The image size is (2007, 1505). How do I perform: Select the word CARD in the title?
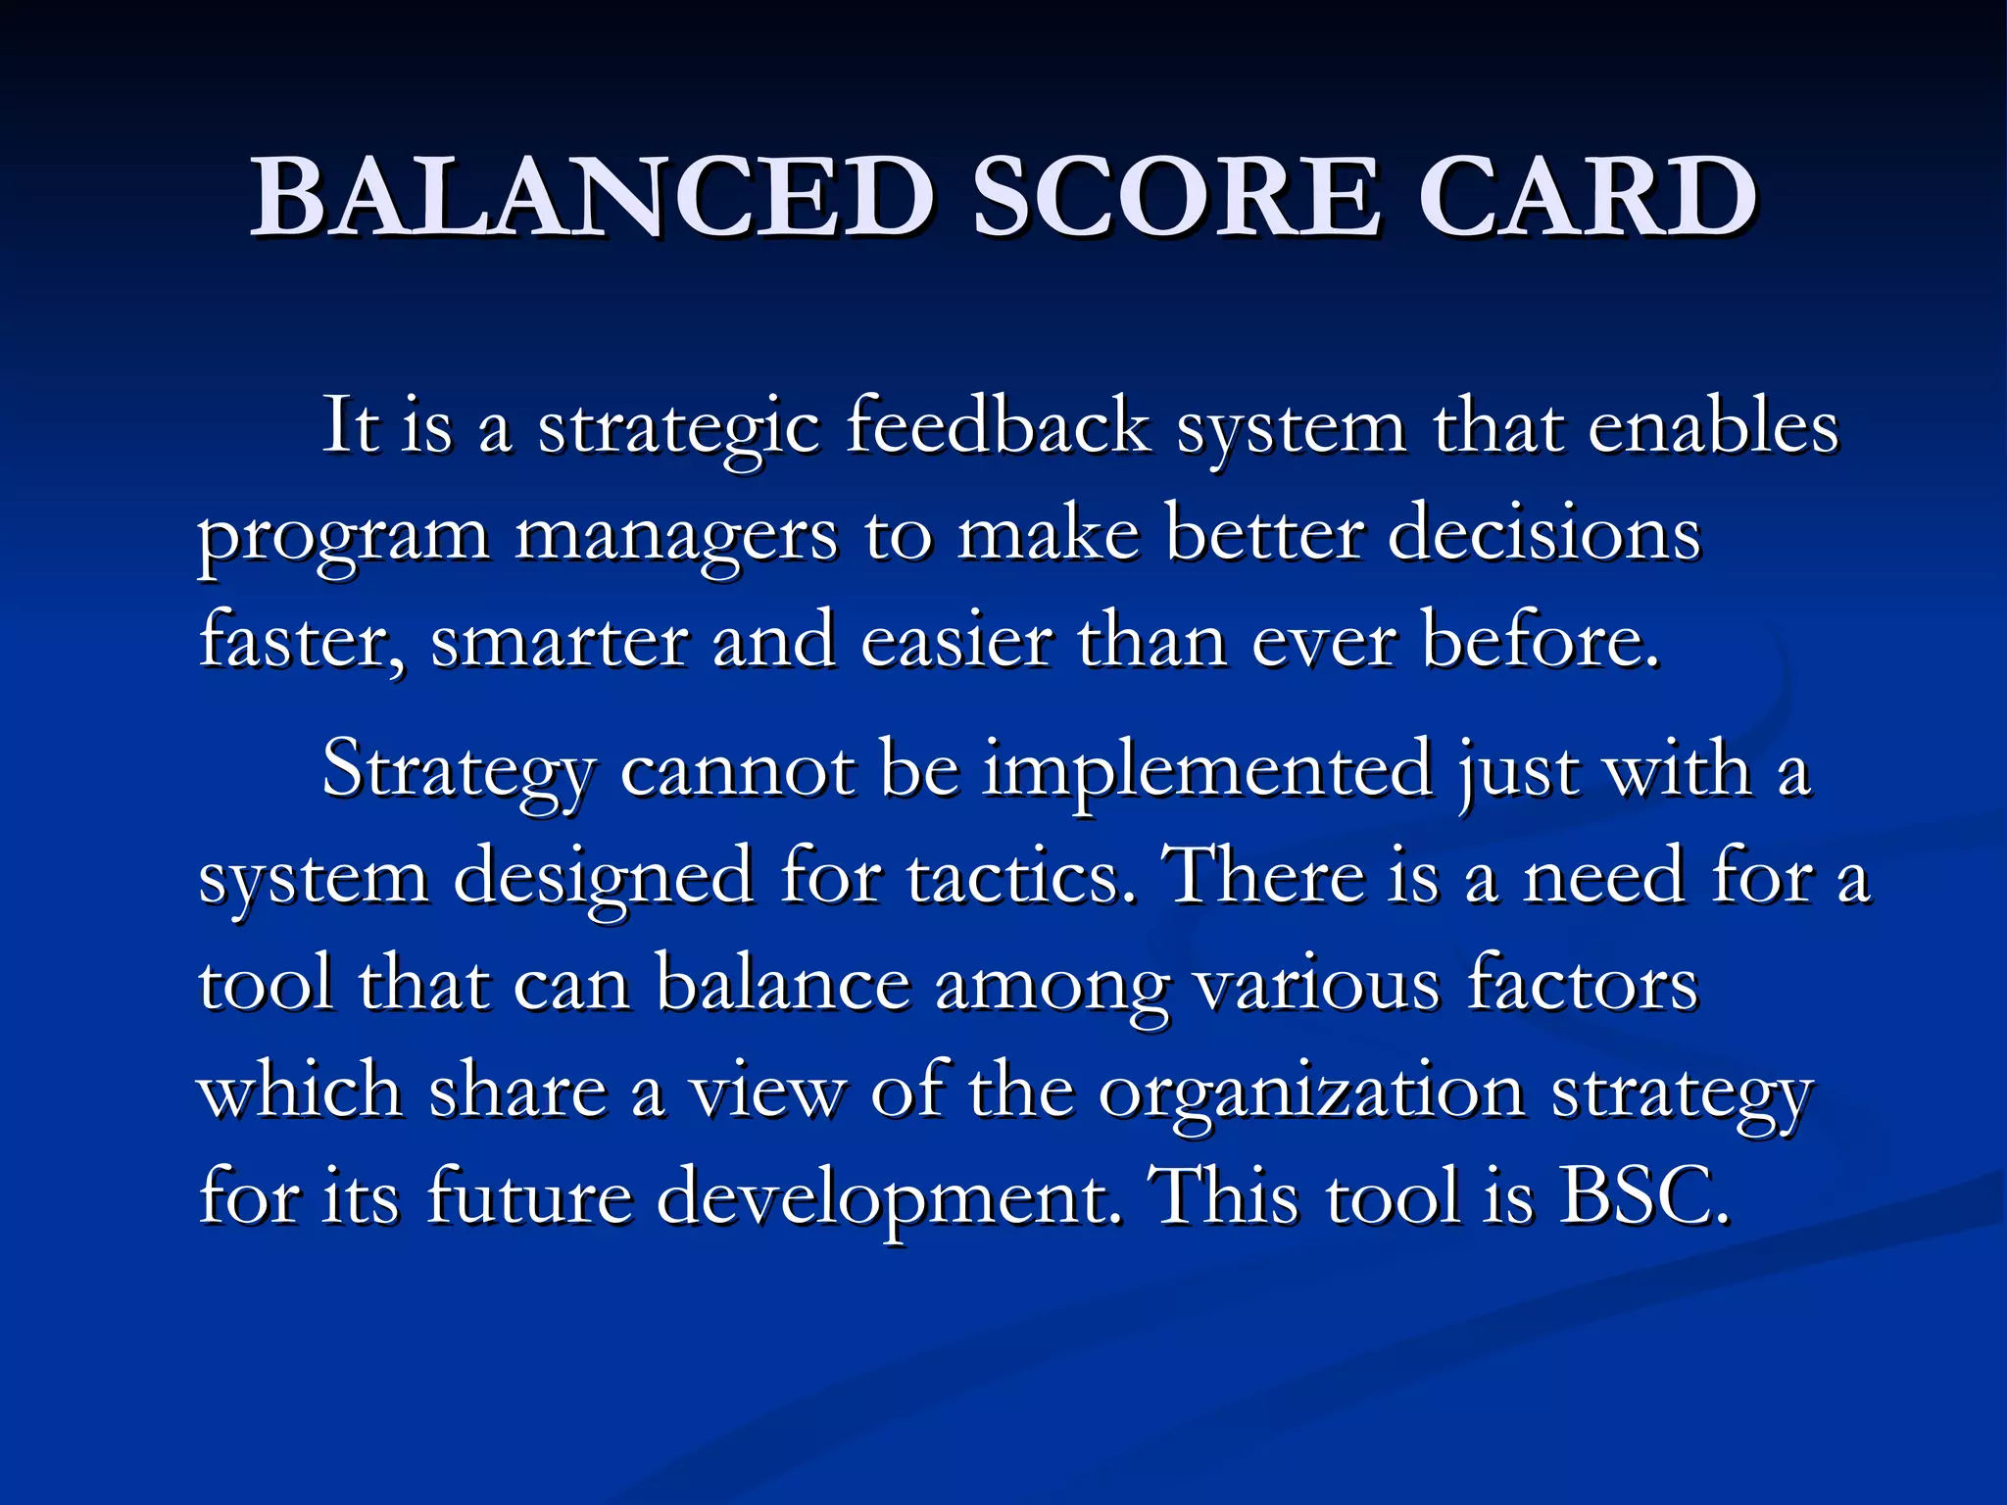1587,198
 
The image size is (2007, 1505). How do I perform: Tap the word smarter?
559,642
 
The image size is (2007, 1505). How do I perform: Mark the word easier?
956,642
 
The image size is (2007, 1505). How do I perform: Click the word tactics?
1015,876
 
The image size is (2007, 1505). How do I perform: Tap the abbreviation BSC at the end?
1642,1197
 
